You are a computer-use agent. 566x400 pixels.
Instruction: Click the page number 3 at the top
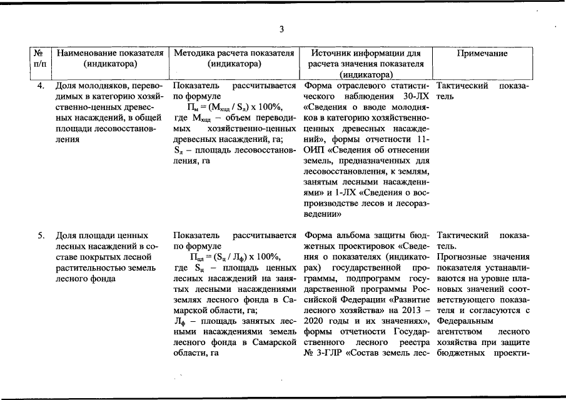click(x=281, y=29)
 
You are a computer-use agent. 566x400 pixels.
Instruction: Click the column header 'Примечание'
click(x=482, y=53)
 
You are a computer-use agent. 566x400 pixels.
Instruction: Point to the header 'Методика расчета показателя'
click(x=233, y=53)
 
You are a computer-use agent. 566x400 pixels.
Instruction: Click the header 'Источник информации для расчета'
click(x=366, y=53)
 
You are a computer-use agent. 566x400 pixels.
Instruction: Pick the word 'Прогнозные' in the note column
click(x=460, y=257)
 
